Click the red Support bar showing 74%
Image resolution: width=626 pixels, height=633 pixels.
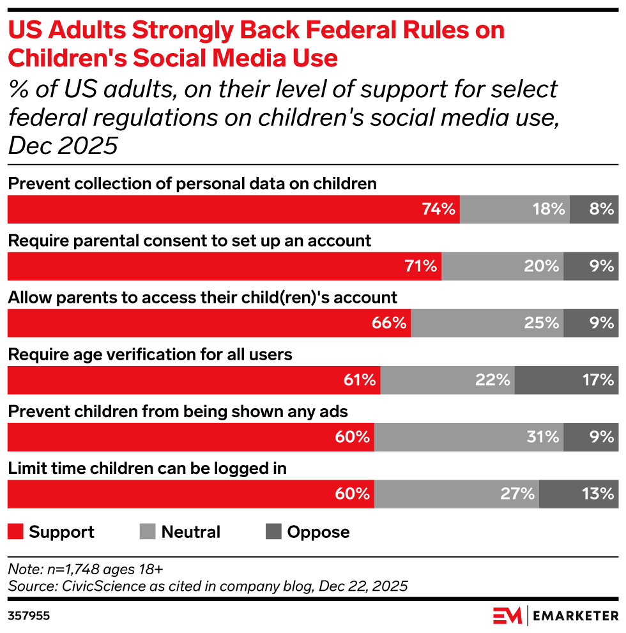233,209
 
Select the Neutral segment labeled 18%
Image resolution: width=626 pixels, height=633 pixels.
515,209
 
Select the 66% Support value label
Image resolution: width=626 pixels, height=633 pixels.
389,323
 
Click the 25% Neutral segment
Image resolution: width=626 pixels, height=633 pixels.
487,323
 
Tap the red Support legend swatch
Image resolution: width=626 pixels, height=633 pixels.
16,532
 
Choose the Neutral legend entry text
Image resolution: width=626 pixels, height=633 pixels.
190,532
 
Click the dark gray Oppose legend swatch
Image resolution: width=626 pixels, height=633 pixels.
273,532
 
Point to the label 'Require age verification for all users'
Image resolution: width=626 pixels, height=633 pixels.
149,355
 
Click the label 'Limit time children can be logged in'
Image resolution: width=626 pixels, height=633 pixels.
146,468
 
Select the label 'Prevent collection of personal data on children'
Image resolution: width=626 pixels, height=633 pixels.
192,184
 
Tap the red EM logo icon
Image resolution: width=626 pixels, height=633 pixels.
507,616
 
